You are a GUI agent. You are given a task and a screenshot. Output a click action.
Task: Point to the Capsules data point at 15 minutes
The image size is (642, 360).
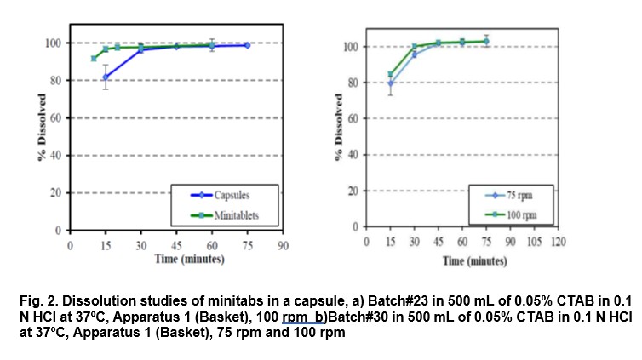point(106,77)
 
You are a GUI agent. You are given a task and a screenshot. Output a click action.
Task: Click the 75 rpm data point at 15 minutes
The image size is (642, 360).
point(391,83)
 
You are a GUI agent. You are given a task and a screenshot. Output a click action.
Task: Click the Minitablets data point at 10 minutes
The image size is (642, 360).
point(94,58)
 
